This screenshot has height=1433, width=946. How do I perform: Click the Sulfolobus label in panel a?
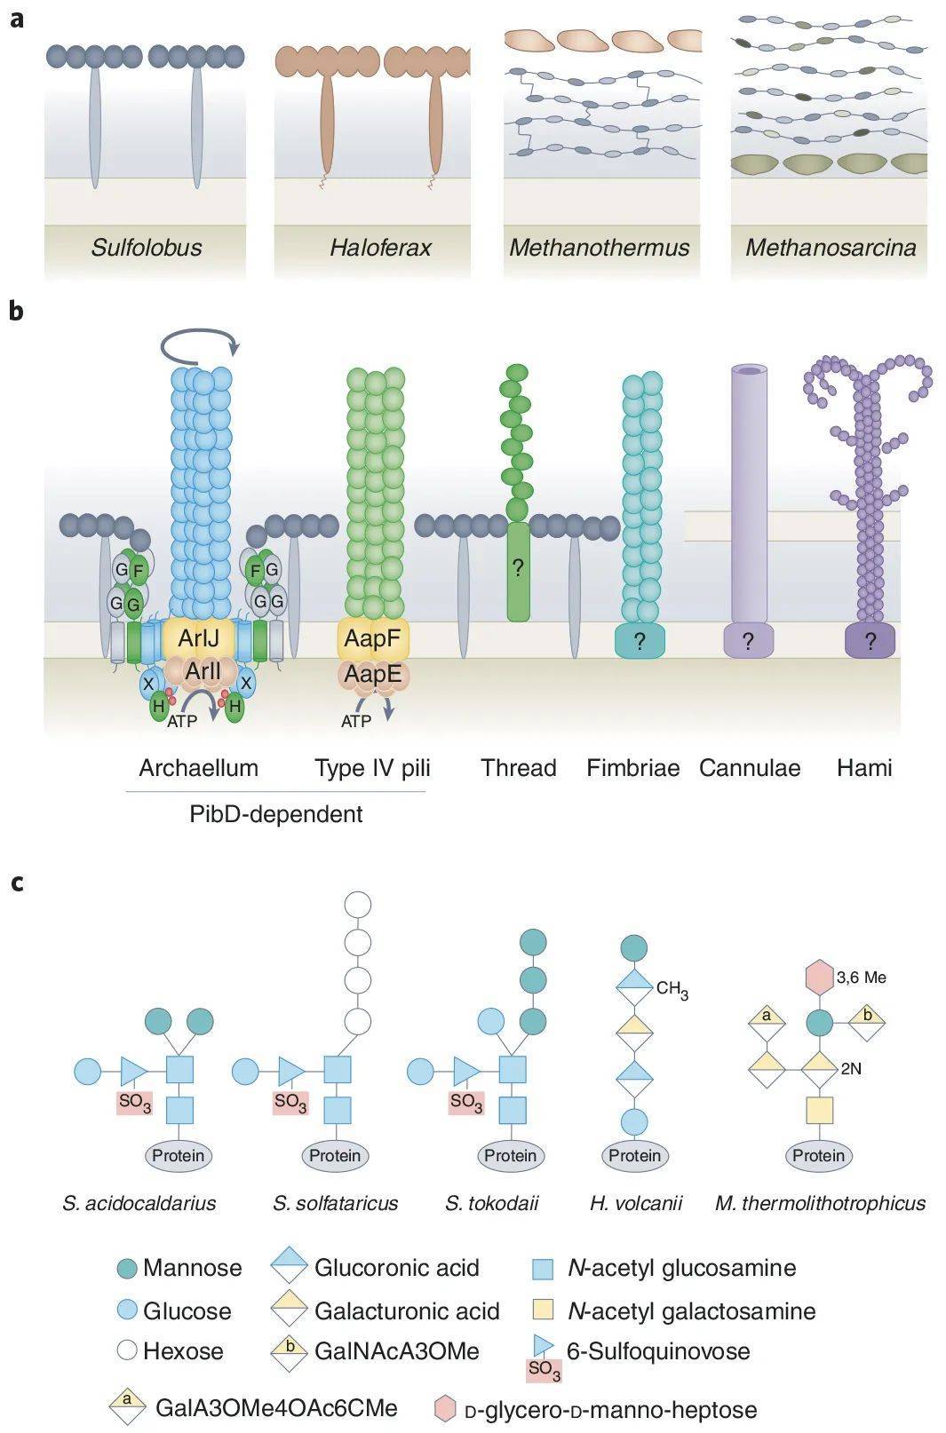[x=147, y=247]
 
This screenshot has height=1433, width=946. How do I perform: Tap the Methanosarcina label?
[x=830, y=247]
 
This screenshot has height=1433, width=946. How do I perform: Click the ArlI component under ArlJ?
[x=203, y=670]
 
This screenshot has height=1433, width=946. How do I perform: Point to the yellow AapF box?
[x=372, y=637]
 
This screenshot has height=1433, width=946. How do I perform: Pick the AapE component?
[x=373, y=675]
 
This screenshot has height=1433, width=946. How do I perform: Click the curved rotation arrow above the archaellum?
[x=201, y=343]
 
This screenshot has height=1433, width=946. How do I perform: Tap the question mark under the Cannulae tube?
[x=748, y=641]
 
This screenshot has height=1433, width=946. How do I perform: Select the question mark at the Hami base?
[x=870, y=641]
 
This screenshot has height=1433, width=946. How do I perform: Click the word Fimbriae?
[x=632, y=768]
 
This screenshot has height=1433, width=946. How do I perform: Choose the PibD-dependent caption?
[x=275, y=813]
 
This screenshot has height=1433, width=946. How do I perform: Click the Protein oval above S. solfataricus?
[x=335, y=1155]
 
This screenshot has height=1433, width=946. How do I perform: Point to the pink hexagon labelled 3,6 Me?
[x=819, y=978]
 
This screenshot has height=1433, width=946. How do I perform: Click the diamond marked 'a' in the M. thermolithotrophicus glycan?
[x=767, y=1017]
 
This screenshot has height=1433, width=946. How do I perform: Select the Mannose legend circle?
[x=127, y=1269]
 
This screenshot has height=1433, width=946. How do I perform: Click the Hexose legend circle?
[x=127, y=1351]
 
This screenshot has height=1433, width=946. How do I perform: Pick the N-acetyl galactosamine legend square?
[x=542, y=1310]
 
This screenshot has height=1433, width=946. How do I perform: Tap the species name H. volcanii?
[x=636, y=1204]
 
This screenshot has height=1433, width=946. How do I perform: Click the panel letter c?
[x=17, y=883]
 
